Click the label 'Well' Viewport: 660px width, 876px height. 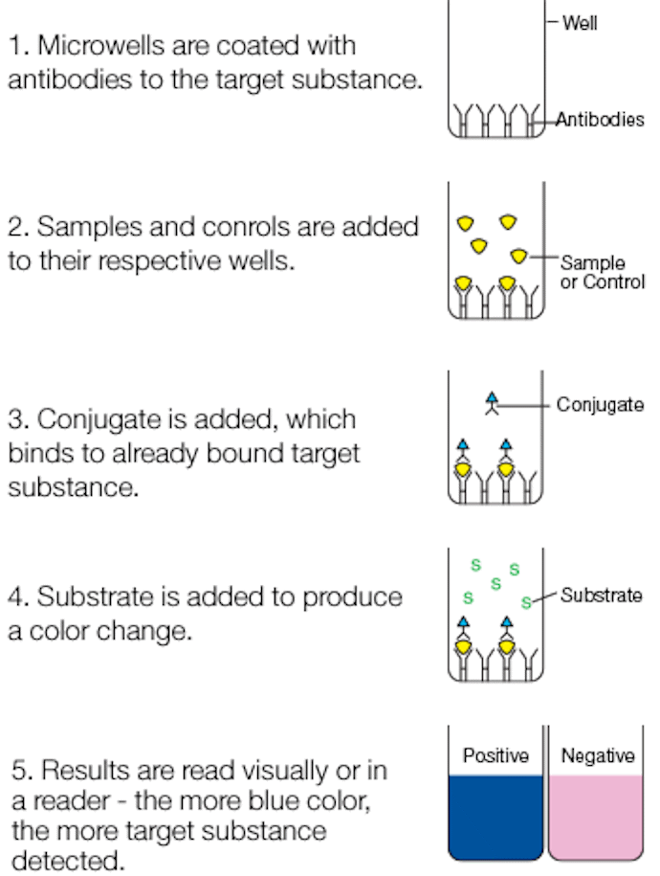point(580,23)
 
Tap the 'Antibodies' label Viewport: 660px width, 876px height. point(600,120)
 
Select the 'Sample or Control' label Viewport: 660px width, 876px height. point(603,272)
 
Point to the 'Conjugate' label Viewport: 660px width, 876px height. point(601,404)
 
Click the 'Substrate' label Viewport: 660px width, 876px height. point(602,595)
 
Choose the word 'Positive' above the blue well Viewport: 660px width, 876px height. point(495,755)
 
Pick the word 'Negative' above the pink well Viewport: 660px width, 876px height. point(598,756)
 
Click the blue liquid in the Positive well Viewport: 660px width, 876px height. point(495,817)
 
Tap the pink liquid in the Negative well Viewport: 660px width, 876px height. point(596,817)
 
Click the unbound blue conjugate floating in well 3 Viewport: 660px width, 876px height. point(492,404)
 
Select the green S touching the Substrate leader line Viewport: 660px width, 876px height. point(526,603)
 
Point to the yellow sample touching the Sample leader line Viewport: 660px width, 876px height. point(518,257)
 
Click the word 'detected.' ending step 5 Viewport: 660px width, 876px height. point(68,861)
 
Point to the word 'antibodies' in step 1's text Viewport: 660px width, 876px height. point(69,79)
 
